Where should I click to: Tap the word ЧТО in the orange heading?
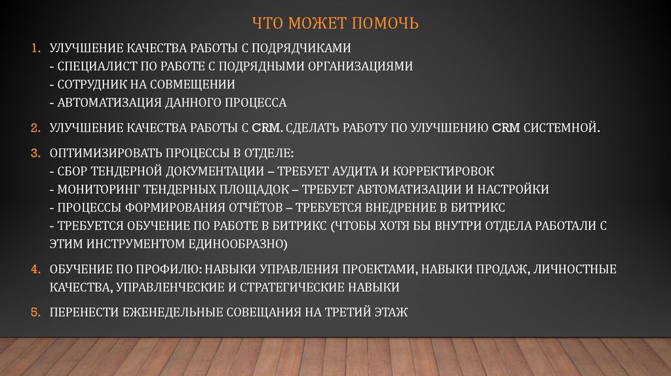coord(268,24)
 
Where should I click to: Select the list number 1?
coord(36,48)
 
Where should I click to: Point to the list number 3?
coord(36,153)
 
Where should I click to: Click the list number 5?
coord(36,312)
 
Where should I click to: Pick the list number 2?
coord(36,128)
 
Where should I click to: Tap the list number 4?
coord(36,269)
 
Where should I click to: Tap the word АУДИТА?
coord(381,171)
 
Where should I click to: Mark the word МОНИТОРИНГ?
coord(95,189)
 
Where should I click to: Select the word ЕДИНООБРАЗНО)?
coord(243,244)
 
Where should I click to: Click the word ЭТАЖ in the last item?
coord(391,312)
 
